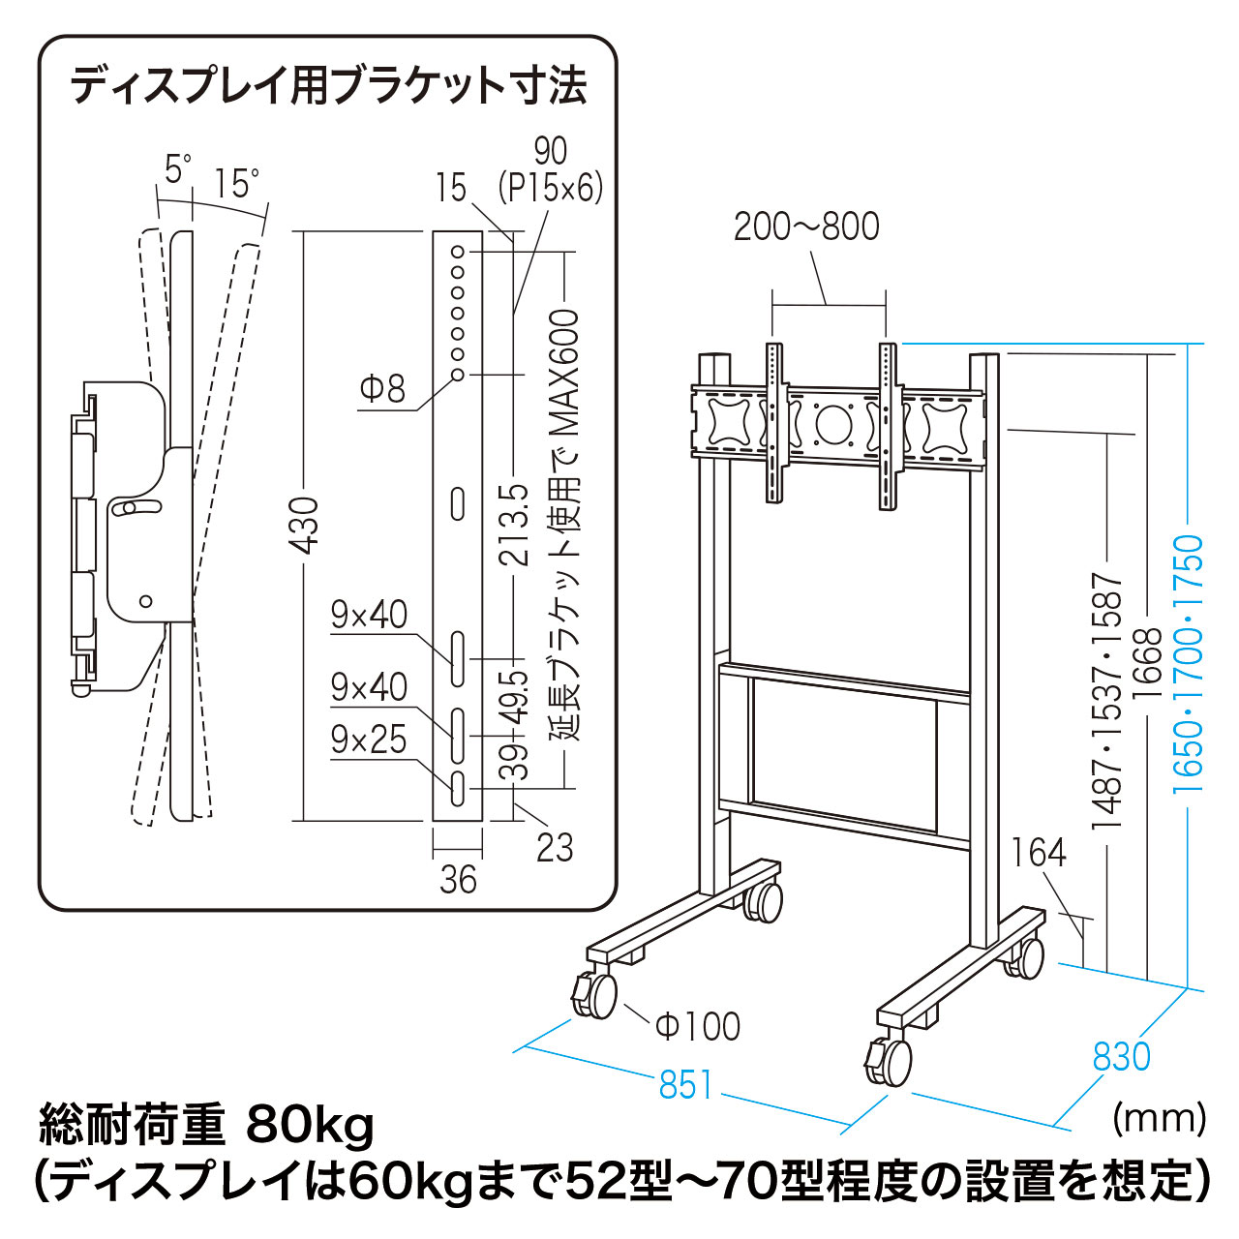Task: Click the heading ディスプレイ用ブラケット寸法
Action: [328, 85]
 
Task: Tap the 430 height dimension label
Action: [304, 526]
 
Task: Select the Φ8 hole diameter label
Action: [382, 389]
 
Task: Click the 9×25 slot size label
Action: [369, 740]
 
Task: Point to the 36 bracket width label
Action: [458, 880]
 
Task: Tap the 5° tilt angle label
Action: [177, 169]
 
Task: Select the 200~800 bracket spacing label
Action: [806, 227]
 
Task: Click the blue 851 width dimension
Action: [685, 1085]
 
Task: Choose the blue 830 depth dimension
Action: [1121, 1056]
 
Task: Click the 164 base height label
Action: [1039, 853]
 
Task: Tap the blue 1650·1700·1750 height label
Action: [1190, 664]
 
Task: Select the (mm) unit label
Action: [1160, 1118]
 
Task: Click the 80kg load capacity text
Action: [310, 1125]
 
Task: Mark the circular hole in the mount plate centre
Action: [831, 423]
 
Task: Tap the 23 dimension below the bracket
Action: [555, 848]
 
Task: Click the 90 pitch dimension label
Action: [551, 151]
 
